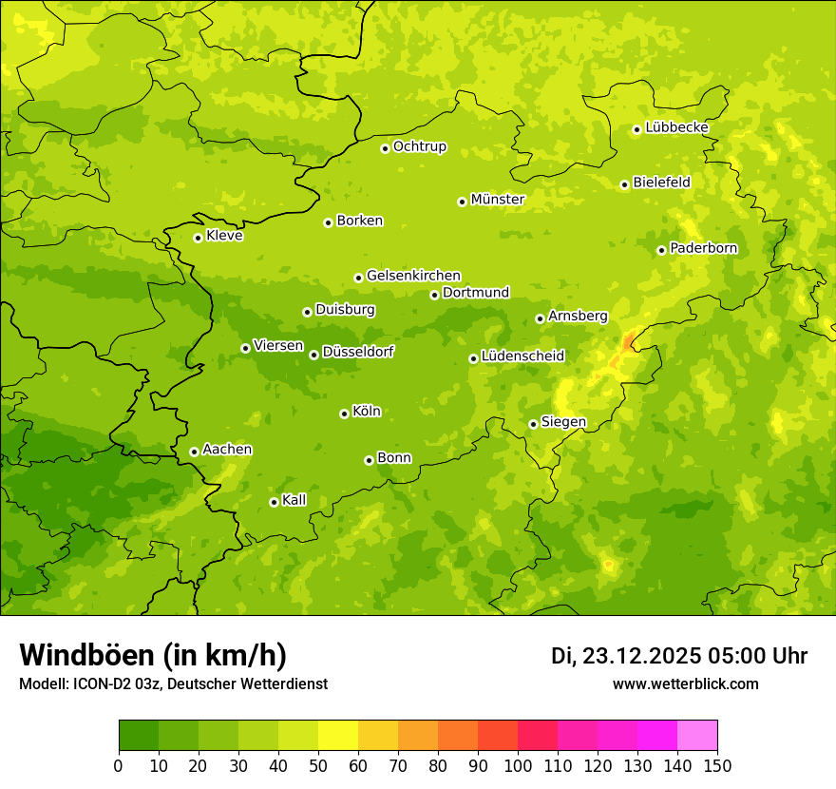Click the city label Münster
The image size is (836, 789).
[498, 200]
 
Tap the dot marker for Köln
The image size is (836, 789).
[344, 414]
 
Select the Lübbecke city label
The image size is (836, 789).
[676, 127]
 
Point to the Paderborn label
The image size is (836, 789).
[703, 248]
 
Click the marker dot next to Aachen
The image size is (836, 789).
[194, 452]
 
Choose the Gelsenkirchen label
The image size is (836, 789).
[413, 276]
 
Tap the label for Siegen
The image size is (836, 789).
[563, 422]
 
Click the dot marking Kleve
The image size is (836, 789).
[198, 238]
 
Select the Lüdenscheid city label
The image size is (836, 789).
[522, 356]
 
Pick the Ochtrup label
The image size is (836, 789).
[419, 146]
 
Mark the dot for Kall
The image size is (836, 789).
[274, 502]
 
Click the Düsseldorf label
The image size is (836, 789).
[357, 352]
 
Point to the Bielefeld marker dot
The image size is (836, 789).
[624, 184]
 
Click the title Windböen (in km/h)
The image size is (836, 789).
[152, 655]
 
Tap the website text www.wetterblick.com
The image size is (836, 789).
[685, 683]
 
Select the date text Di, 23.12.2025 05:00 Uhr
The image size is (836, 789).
[679, 656]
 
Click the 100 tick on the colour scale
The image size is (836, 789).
[518, 765]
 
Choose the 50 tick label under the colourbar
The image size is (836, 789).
[318, 765]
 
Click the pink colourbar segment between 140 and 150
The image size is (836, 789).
[696, 736]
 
